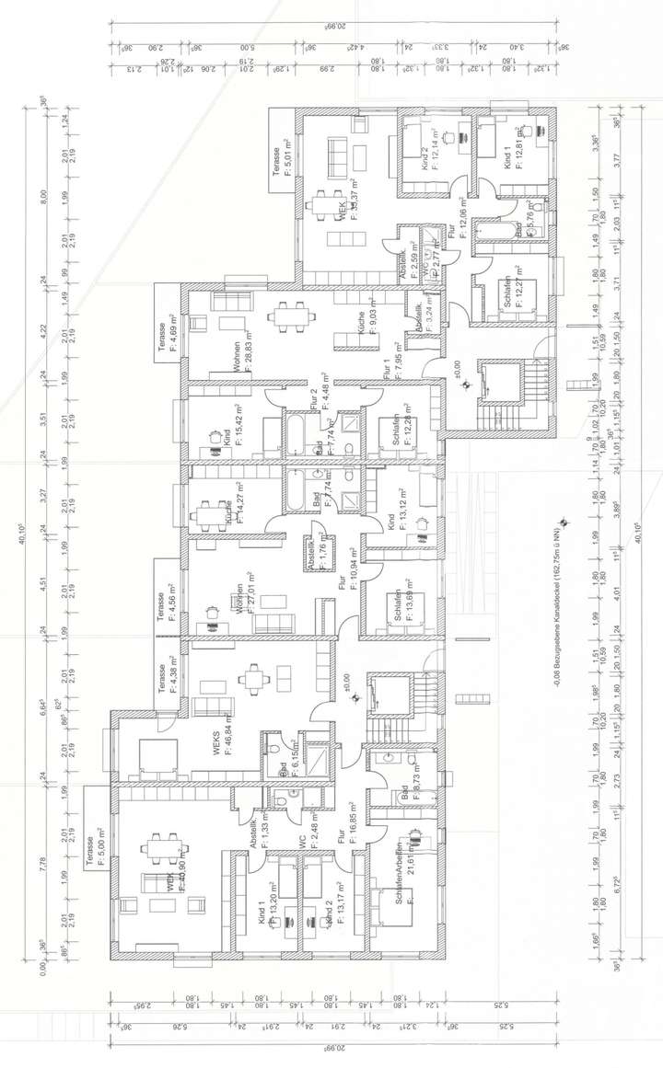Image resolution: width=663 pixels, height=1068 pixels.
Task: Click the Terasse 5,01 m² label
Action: point(280,164)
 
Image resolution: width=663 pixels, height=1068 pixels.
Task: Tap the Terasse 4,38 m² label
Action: point(165,679)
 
